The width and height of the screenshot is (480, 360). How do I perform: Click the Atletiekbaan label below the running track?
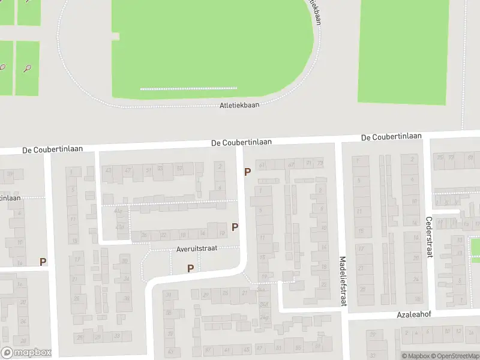[x=239, y=105]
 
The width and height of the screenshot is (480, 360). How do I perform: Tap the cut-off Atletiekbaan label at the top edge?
[x=313, y=11]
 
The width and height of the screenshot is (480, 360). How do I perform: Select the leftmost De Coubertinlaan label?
[x=53, y=149]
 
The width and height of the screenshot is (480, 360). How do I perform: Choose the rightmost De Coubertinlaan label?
[x=391, y=137]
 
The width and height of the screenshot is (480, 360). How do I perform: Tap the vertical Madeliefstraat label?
[x=343, y=281]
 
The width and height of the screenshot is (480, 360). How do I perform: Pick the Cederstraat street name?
[x=429, y=237]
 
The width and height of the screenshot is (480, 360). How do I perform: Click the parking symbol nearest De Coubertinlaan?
[x=247, y=172]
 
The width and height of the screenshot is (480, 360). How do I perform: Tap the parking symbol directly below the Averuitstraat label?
[x=191, y=268]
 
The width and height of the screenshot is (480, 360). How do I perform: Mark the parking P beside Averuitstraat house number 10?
[x=235, y=227]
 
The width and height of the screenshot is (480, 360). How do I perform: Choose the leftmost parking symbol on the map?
[x=43, y=262]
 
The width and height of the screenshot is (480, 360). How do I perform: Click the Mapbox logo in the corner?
[x=26, y=353]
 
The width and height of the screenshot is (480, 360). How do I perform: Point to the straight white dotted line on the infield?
[x=188, y=89]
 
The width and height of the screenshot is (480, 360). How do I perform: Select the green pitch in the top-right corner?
[x=403, y=51]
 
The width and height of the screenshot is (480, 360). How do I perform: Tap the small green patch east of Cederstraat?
[x=475, y=247]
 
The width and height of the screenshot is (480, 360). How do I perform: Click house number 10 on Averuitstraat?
[x=222, y=233]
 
